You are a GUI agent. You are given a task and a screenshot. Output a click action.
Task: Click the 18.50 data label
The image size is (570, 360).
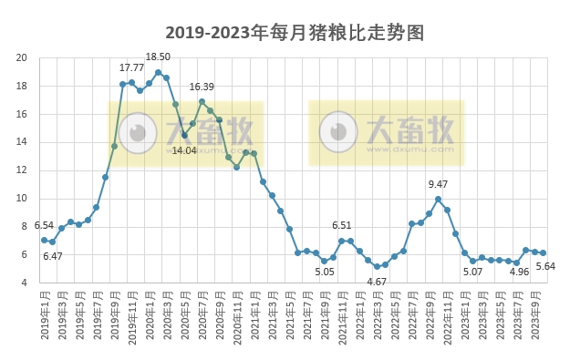tap(158, 57)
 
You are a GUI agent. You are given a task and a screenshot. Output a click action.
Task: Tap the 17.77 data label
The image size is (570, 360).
tap(131, 67)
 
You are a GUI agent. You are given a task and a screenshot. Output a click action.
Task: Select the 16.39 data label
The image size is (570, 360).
tap(202, 87)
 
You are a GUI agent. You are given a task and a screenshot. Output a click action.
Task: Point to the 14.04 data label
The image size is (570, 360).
tap(184, 150)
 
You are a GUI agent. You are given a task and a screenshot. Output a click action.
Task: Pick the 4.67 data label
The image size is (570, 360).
tap(376, 282)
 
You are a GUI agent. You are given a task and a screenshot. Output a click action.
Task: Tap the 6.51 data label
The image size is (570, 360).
tap(341, 225)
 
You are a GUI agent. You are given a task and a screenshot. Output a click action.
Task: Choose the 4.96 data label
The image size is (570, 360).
tap(519, 272)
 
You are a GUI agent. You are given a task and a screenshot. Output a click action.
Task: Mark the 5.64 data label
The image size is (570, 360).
tap(545, 266)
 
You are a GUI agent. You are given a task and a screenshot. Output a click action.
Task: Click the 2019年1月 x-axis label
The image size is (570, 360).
tap(44, 315)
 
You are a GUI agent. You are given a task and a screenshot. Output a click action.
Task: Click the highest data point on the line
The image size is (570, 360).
tap(158, 73)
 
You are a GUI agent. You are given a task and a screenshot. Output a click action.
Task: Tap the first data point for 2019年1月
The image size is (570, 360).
tap(44, 240)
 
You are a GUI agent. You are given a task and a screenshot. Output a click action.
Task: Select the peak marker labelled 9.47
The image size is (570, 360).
tap(438, 199)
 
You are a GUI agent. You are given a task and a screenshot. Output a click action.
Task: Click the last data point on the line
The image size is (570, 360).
tap(543, 252)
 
